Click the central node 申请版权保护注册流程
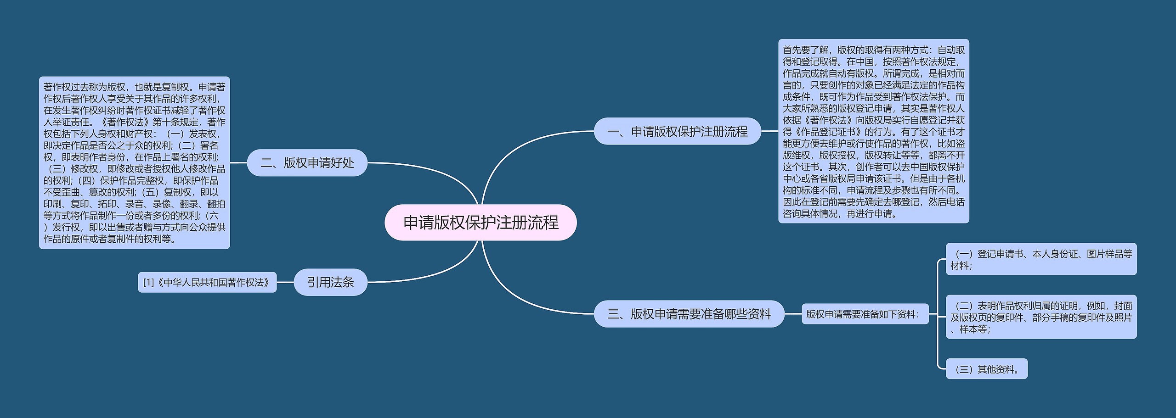point(481,223)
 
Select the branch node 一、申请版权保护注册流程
point(677,132)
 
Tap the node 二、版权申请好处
point(307,163)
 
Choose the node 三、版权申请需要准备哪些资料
point(689,314)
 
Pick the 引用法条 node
point(330,282)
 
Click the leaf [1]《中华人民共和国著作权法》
point(207,283)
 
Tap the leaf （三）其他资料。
point(986,369)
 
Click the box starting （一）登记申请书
point(1041,259)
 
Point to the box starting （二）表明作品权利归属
point(1041,317)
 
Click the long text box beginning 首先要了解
point(873,132)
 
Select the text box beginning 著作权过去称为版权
point(134,163)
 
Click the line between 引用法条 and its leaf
point(285,283)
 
